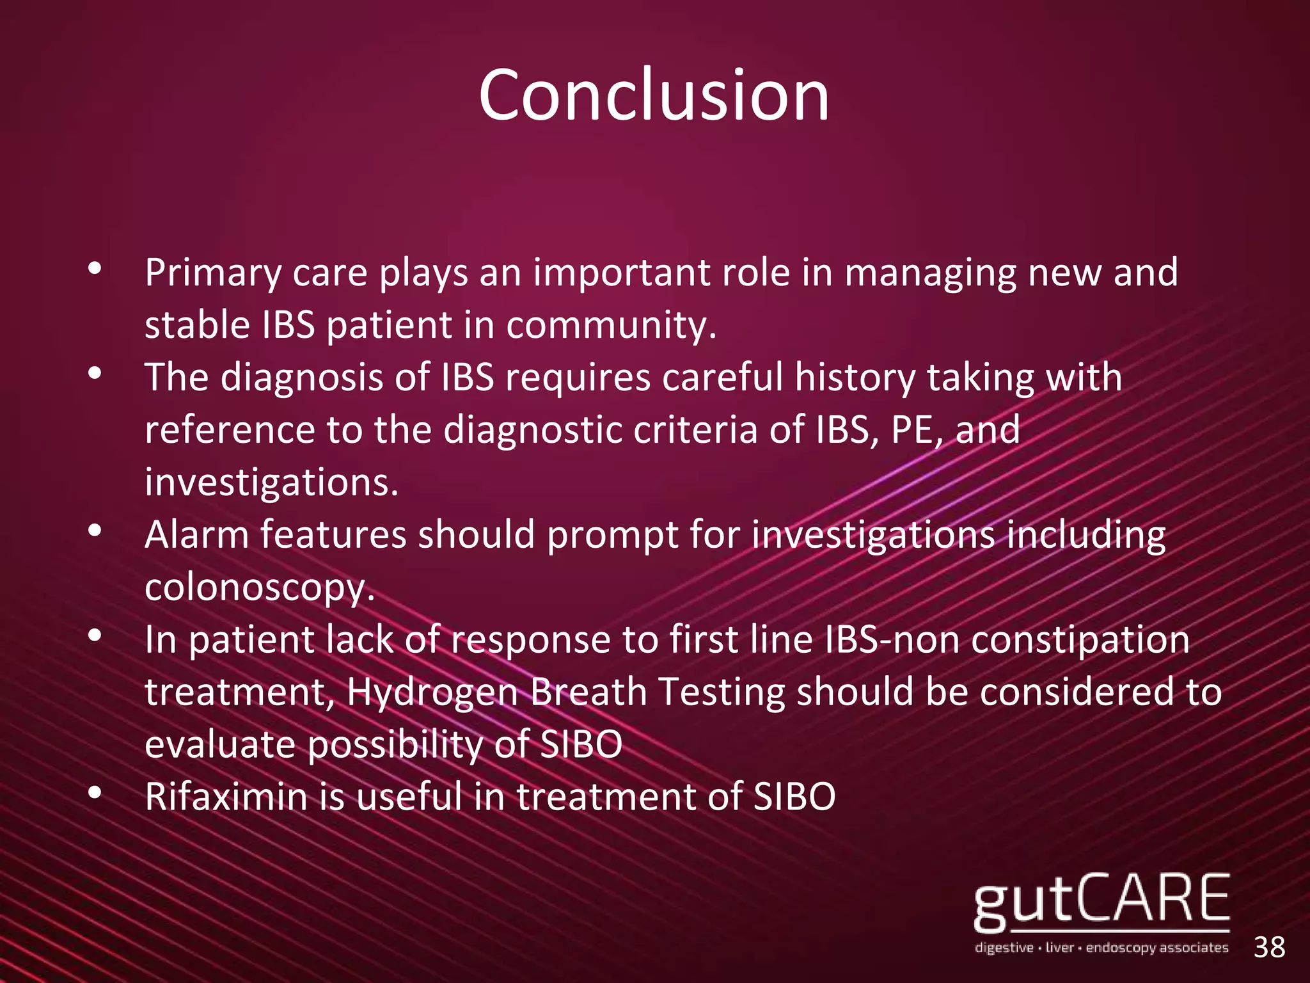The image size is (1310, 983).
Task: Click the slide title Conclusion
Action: (x=654, y=96)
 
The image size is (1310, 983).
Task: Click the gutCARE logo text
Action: (x=1101, y=902)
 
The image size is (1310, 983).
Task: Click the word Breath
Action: (x=588, y=692)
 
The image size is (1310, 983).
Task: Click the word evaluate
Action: (x=220, y=745)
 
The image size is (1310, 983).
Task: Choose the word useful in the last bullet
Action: (x=409, y=797)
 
